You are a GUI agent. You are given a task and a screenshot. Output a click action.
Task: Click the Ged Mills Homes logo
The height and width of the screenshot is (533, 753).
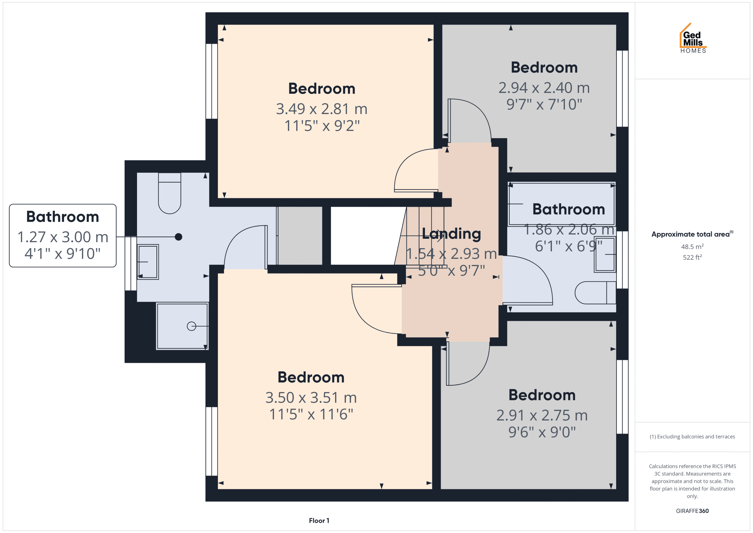(x=693, y=38)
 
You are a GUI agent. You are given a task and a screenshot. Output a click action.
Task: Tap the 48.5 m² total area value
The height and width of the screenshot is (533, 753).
(x=692, y=246)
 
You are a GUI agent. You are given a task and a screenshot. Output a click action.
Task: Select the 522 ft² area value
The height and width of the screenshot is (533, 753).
(x=692, y=257)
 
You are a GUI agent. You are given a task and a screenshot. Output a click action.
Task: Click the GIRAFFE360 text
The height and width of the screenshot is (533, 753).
(x=692, y=511)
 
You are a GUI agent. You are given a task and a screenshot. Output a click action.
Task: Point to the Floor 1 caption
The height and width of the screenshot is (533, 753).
(x=319, y=521)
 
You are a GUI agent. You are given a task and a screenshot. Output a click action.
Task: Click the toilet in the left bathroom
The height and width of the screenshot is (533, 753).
(x=169, y=193)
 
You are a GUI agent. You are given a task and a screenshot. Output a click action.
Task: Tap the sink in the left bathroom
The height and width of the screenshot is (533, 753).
(x=148, y=262)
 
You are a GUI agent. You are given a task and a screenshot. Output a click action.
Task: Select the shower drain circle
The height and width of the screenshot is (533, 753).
(x=191, y=326)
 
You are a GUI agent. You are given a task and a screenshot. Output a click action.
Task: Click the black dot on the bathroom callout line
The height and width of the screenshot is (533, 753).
(x=179, y=237)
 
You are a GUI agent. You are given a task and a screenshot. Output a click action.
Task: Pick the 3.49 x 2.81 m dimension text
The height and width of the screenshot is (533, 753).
(x=321, y=109)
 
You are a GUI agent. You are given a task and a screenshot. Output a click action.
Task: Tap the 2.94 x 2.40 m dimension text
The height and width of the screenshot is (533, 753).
(x=544, y=88)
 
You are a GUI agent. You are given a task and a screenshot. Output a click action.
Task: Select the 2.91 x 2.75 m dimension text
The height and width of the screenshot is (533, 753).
(x=542, y=415)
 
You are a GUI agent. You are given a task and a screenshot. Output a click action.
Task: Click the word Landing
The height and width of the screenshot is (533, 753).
(x=451, y=234)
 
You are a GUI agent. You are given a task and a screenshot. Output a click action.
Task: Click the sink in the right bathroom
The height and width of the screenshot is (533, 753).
(x=605, y=254)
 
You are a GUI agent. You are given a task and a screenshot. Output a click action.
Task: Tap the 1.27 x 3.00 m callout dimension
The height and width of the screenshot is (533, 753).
(x=63, y=237)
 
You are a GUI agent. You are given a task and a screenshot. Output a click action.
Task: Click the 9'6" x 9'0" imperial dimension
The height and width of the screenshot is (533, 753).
(x=542, y=432)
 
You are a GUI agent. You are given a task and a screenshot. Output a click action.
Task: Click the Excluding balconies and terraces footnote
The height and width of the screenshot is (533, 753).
(x=692, y=436)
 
